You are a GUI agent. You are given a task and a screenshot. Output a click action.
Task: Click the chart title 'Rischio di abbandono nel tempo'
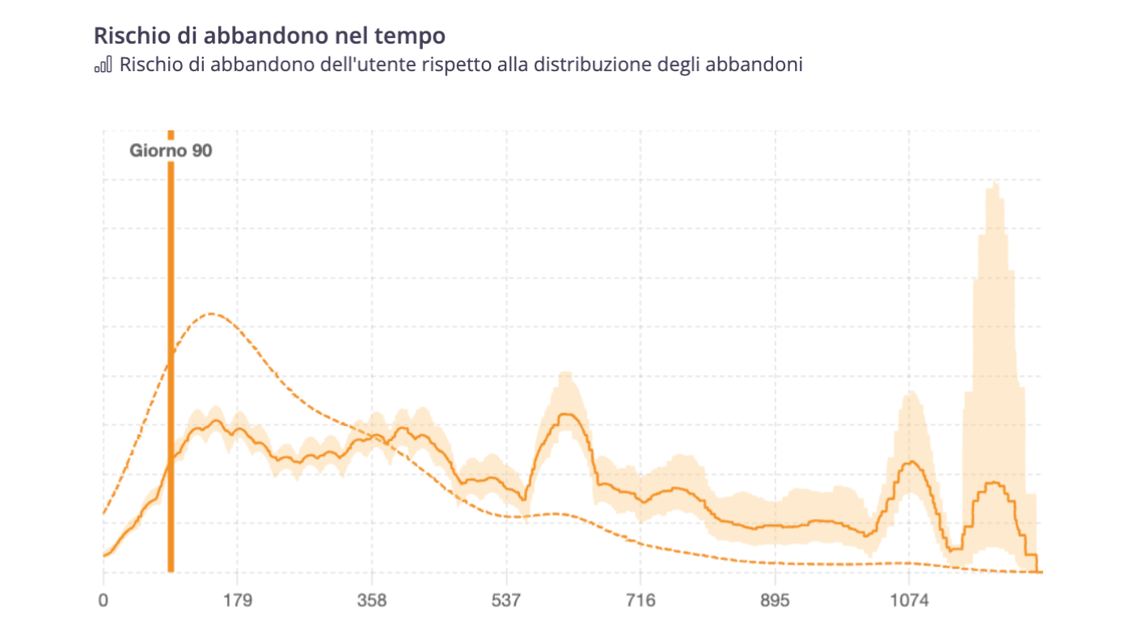pyautogui.click(x=269, y=36)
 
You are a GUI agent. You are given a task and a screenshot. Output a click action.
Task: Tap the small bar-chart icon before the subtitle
pyautogui.click(x=103, y=65)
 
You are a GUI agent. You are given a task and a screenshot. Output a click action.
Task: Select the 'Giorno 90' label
pyautogui.click(x=171, y=150)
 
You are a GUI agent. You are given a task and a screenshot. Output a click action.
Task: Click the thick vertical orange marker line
pyautogui.click(x=171, y=364)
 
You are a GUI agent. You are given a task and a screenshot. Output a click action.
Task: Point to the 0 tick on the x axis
pyautogui.click(x=103, y=601)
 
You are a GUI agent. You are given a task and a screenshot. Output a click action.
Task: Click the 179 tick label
pyautogui.click(x=237, y=601)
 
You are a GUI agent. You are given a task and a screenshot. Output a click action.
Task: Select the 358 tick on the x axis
pyautogui.click(x=371, y=601)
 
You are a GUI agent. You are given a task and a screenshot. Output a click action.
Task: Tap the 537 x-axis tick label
pyautogui.click(x=505, y=601)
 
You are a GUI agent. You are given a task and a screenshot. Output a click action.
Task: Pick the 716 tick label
pyautogui.click(x=640, y=601)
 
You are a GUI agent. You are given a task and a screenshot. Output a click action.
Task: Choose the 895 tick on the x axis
pyautogui.click(x=775, y=601)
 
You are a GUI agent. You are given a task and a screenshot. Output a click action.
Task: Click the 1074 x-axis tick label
pyautogui.click(x=909, y=601)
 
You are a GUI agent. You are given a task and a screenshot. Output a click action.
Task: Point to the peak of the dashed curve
pyautogui.click(x=212, y=314)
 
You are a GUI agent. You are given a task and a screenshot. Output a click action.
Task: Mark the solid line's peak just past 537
pyautogui.click(x=566, y=415)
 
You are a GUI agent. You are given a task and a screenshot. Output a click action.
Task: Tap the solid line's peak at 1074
pyautogui.click(x=911, y=462)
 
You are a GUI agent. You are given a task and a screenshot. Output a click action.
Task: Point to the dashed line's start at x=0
pyautogui.click(x=104, y=512)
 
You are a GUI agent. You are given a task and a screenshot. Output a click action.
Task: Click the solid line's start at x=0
pyautogui.click(x=104, y=555)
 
